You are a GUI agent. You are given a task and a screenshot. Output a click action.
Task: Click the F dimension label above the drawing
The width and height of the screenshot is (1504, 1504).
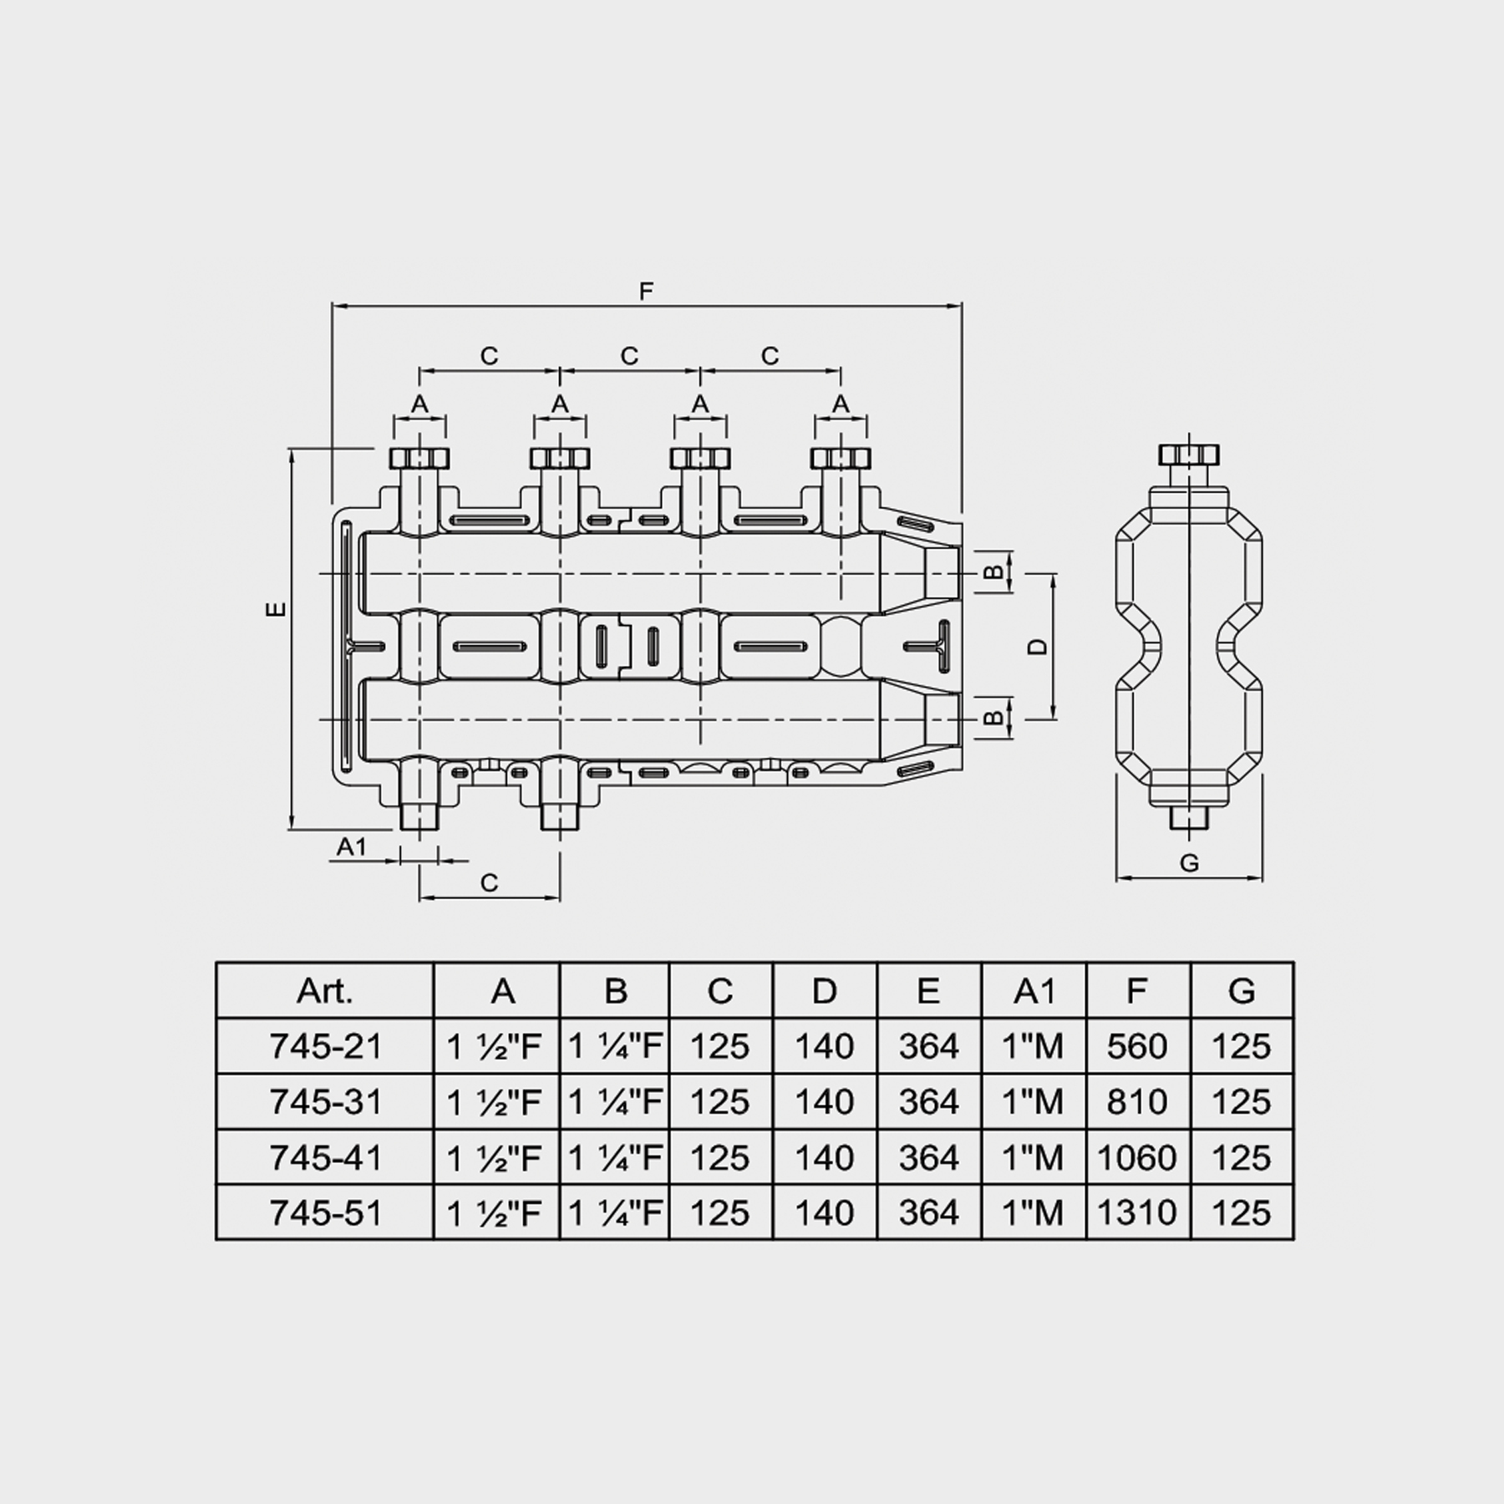coord(646,292)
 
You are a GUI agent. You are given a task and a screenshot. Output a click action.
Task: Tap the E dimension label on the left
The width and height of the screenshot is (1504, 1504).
coord(276,609)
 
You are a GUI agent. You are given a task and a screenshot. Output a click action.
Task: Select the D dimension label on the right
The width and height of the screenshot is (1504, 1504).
coord(1037,646)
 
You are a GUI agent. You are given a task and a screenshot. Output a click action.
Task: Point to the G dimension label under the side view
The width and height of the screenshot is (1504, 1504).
coord(1189,863)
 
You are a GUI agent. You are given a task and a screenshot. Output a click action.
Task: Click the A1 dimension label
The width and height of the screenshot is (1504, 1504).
coord(352,847)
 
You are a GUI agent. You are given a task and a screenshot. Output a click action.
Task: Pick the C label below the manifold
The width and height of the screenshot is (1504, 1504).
coord(490,882)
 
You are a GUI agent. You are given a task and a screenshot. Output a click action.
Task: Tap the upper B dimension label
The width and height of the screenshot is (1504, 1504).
coord(993,572)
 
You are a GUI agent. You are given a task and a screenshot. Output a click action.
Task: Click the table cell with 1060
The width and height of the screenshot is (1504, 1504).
coord(1136,1157)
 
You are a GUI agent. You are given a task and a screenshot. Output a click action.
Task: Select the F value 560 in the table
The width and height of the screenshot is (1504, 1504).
coord(1136,1045)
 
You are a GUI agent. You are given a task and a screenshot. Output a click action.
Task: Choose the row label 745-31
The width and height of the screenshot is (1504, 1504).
coord(326,1101)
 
